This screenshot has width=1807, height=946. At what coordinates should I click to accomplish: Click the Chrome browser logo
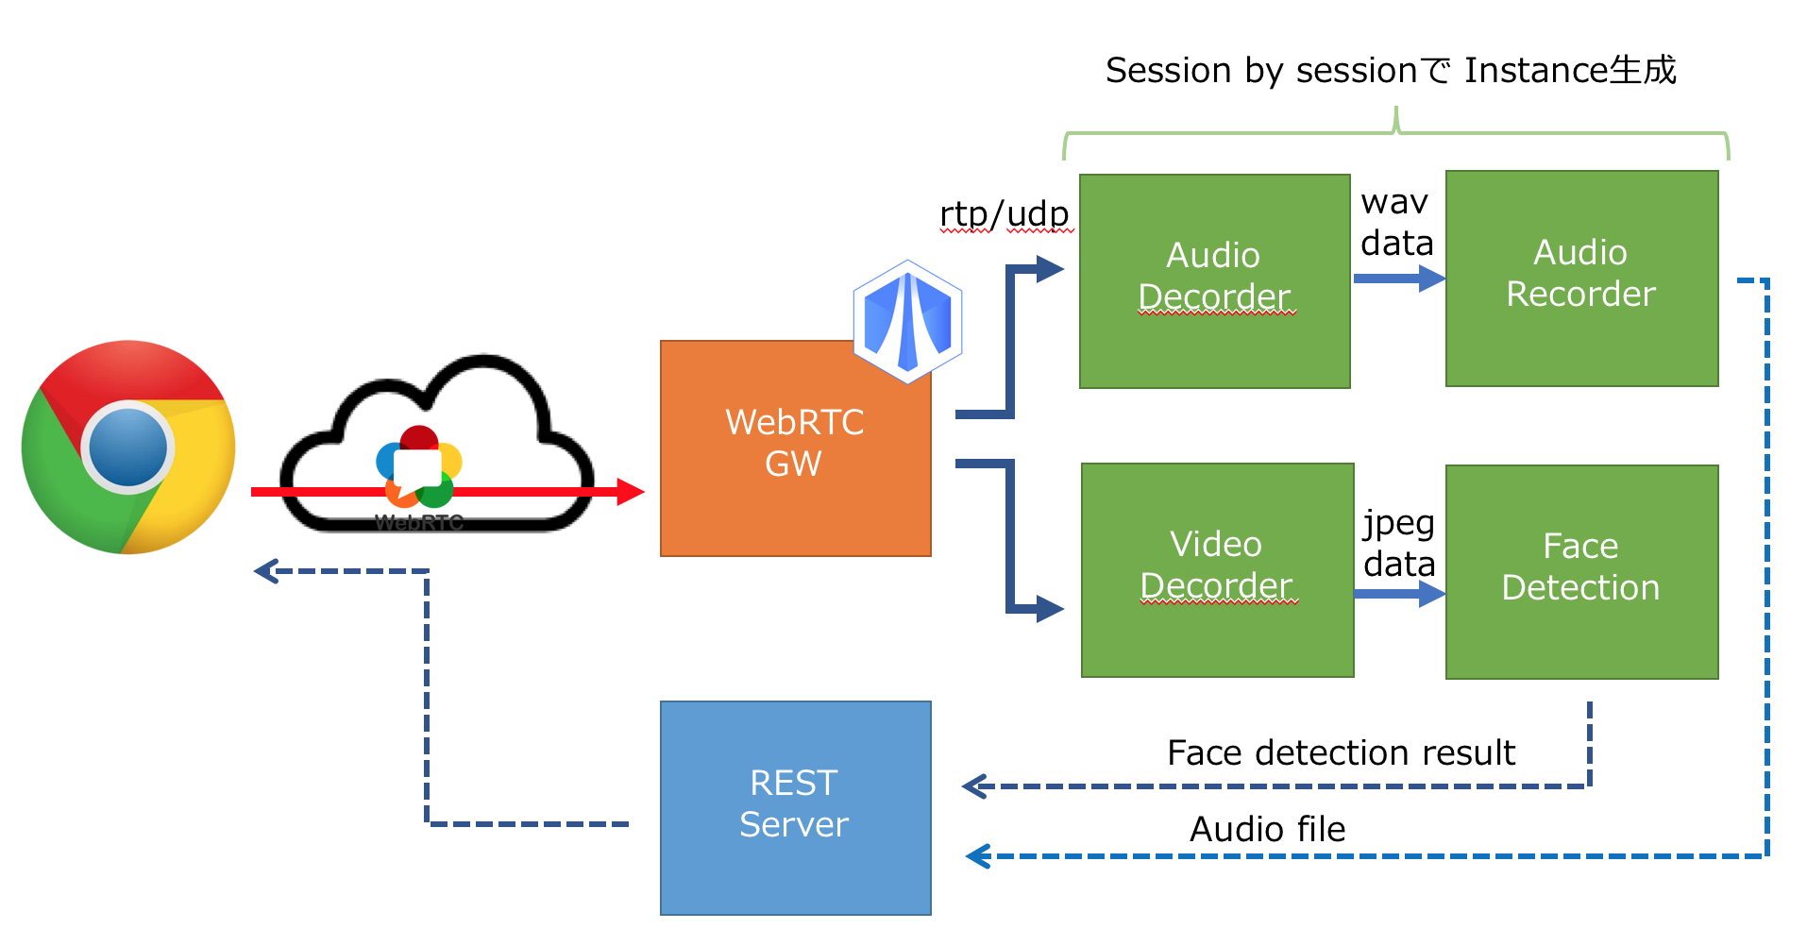point(128,447)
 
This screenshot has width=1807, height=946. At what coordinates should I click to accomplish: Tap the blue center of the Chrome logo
point(128,447)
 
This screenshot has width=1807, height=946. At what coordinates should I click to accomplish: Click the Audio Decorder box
point(1214,280)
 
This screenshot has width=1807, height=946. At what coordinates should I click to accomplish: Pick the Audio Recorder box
point(1581,278)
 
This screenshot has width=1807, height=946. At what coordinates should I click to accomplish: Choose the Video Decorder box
point(1217,569)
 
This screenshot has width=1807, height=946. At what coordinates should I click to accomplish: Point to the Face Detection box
point(1581,571)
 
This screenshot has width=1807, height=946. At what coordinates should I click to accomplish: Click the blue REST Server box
point(795,807)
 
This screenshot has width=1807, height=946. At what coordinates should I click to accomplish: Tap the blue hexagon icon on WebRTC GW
point(907,321)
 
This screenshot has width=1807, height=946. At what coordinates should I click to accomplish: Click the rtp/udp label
point(1005,214)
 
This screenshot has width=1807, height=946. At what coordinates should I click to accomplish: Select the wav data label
point(1396,223)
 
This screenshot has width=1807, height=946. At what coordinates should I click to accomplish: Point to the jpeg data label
point(1398,543)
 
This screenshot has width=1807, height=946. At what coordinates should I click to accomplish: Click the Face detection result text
point(1341,752)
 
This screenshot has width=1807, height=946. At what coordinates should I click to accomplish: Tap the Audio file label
point(1267,829)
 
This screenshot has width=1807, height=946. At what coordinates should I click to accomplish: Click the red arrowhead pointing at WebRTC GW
point(630,491)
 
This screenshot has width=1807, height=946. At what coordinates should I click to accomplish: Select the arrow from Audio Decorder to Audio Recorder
point(1398,279)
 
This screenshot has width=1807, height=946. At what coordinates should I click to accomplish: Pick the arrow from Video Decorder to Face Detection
point(1398,594)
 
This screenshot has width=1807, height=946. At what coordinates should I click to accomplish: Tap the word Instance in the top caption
point(1535,71)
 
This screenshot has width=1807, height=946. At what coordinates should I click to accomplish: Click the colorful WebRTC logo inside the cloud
point(418,467)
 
